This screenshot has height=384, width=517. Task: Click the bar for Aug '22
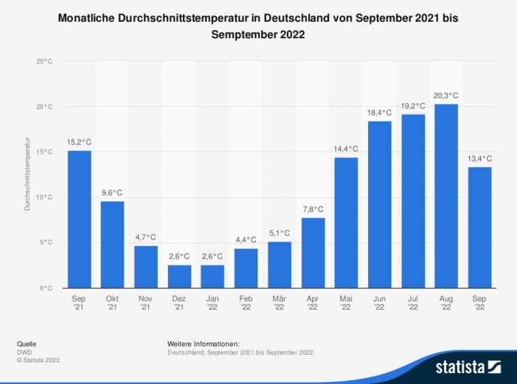pos(446,196)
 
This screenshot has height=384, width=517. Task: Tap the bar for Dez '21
pos(179,276)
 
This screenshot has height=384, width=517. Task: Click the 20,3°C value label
pos(446,96)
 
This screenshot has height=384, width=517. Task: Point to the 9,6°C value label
pos(112,193)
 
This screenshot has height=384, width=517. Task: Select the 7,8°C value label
pos(312,209)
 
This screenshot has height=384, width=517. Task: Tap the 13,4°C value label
pos(480,159)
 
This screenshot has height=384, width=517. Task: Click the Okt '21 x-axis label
pos(112,303)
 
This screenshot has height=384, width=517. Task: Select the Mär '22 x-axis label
pos(279,303)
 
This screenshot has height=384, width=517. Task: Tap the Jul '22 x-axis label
pos(413,303)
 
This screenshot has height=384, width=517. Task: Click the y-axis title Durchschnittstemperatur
pos(28,175)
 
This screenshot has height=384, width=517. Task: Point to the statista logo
pos(469,368)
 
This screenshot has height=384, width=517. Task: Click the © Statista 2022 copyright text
pos(37,360)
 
